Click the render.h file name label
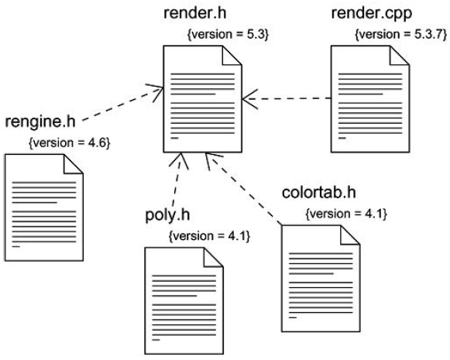[195, 13]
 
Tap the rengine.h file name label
[40, 122]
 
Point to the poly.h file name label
[167, 215]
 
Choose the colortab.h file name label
[319, 193]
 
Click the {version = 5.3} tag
[228, 35]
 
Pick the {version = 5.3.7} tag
[401, 35]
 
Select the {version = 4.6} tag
[70, 143]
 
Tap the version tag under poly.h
[209, 236]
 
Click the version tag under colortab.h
[346, 214]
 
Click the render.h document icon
[203, 99]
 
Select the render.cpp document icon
[370, 99]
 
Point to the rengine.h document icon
[44, 207]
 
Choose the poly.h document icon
[184, 301]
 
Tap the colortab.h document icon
[321, 279]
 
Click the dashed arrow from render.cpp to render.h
[287, 98]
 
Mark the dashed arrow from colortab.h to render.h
[244, 189]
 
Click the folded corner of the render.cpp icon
[399, 55]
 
